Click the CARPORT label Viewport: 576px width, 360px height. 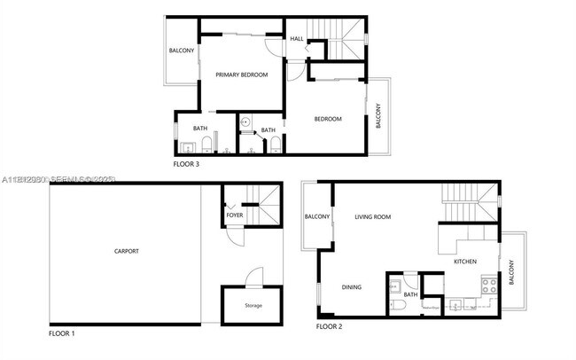(x=127, y=251)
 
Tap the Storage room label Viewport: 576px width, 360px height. (x=253, y=305)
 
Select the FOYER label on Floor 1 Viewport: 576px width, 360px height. (x=234, y=215)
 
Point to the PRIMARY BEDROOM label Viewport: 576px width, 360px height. (x=242, y=74)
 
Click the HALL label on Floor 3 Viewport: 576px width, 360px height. (x=297, y=39)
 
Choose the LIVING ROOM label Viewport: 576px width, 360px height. (x=373, y=216)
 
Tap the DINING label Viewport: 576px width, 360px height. (x=352, y=286)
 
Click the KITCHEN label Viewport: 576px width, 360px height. (x=465, y=262)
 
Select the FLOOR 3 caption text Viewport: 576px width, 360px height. (x=186, y=164)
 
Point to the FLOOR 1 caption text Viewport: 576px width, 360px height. (x=61, y=333)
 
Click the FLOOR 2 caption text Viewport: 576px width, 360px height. (x=329, y=326)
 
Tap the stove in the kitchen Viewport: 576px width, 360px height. (x=486, y=286)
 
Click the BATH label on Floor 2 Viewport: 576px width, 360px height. (x=410, y=294)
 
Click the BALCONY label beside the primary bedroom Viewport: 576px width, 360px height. (x=182, y=51)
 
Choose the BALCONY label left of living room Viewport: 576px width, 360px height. (x=317, y=216)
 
